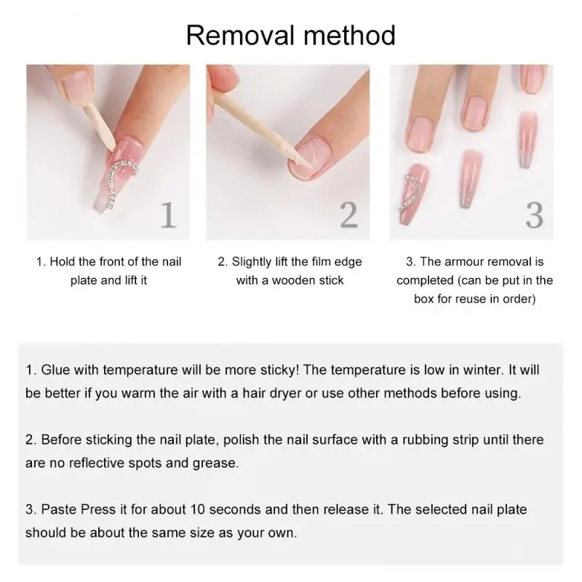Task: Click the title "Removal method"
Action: (291, 34)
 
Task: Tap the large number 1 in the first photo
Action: (168, 215)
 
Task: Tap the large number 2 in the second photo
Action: (349, 215)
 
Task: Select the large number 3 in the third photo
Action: (534, 215)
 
